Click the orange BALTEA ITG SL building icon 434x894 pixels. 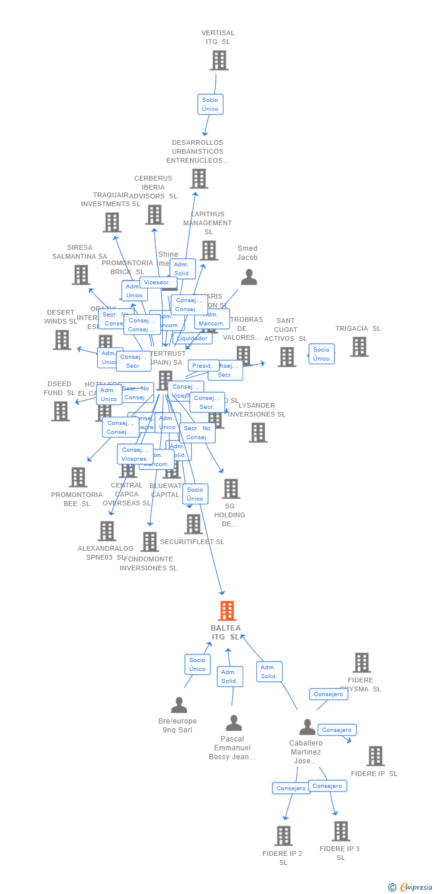227,611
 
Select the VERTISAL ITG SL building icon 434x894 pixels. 219,60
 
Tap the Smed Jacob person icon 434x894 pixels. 249,277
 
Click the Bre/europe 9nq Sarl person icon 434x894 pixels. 179,705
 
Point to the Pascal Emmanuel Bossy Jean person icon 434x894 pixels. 234,723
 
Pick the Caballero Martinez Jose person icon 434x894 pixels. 307,727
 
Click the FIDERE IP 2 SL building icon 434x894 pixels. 284,836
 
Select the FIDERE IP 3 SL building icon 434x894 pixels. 340,831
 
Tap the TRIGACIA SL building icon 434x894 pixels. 359,346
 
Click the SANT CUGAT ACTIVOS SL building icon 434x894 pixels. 287,356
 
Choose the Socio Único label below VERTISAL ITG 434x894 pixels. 210,104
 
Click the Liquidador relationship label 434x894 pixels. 193,339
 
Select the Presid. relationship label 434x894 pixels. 203,365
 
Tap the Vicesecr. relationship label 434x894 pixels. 157,283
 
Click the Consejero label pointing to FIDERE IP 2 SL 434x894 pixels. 292,788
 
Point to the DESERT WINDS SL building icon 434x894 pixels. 62,340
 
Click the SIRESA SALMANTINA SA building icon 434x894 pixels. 80,275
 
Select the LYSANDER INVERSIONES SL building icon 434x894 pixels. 258,432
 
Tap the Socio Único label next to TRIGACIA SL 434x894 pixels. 321,354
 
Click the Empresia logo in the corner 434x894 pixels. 411,887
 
